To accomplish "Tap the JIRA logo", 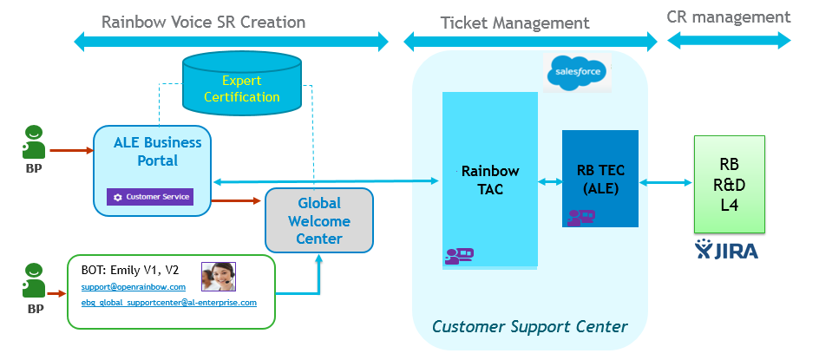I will click(x=727, y=252).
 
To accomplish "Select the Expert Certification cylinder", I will click(x=242, y=88).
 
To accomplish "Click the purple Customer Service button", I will click(x=150, y=197).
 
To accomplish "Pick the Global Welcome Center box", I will click(x=318, y=220).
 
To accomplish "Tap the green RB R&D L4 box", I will click(x=729, y=184).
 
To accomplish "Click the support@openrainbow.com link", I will click(x=133, y=286).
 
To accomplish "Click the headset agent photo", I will click(x=219, y=276).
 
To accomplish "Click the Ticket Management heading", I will click(x=514, y=23).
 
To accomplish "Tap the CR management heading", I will click(x=729, y=16).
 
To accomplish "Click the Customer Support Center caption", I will click(x=529, y=327).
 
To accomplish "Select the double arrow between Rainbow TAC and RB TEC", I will click(x=549, y=182).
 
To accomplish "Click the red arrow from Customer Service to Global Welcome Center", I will click(x=233, y=201).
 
